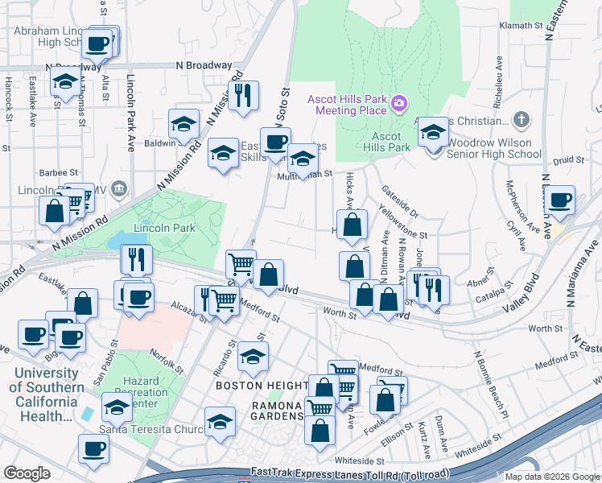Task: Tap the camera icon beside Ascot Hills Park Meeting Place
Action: point(399,103)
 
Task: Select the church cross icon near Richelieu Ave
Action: point(522,121)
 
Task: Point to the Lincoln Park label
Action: point(164,228)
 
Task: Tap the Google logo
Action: point(27,473)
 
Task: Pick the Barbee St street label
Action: point(58,172)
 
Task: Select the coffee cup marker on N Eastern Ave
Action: point(559,200)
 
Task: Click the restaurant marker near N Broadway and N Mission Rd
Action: point(242,95)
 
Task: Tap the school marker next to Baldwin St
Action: point(184,124)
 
